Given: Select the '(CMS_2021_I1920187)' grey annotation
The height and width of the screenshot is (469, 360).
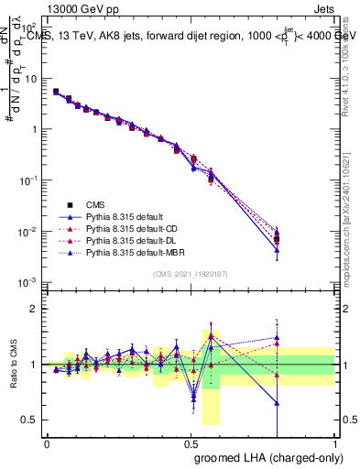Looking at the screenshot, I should pos(191,273).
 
